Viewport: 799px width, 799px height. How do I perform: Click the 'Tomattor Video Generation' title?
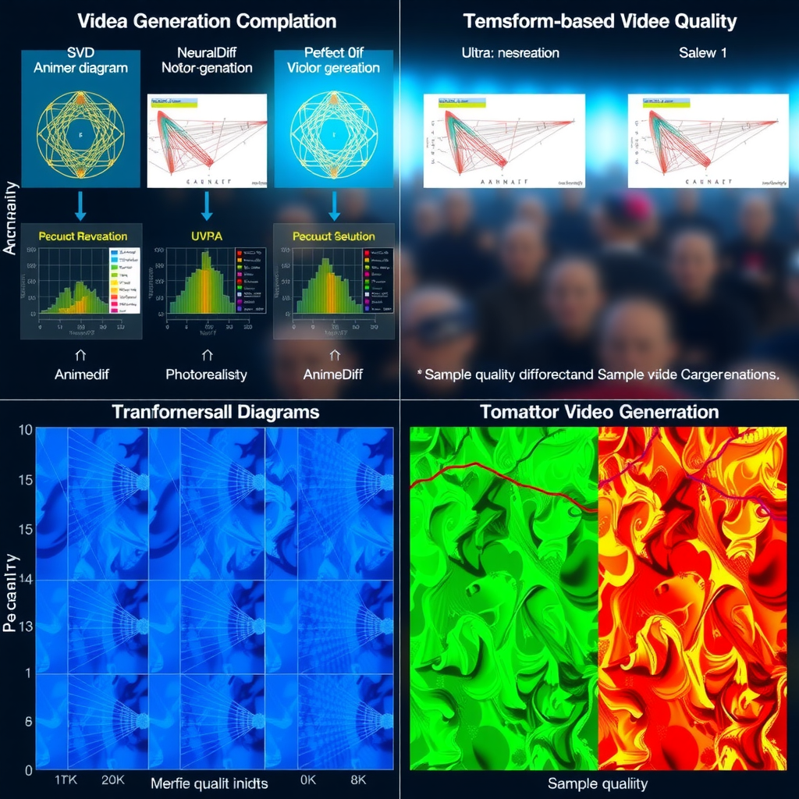599,411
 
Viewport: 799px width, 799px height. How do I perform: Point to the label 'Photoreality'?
206,375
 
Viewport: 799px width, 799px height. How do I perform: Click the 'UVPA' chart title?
206,236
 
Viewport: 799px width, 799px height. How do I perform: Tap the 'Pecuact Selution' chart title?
333,236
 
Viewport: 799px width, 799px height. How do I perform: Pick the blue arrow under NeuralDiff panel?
207,205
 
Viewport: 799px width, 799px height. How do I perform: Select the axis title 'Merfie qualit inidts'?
209,783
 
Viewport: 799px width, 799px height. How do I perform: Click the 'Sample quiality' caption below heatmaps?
597,783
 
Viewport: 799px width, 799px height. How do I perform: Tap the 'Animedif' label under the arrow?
82,375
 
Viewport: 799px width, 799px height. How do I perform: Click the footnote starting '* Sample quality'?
598,374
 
